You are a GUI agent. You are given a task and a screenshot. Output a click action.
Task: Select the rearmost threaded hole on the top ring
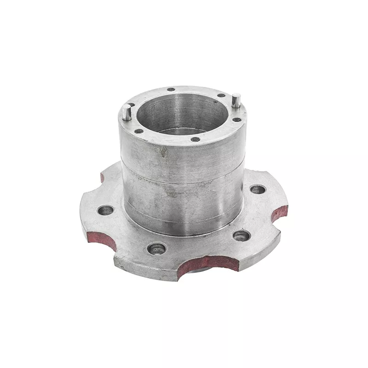coord(171,89)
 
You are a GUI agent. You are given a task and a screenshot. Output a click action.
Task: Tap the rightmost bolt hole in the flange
coord(257,189)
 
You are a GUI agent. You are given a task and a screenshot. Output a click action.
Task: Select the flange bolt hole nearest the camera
coord(156,250)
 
